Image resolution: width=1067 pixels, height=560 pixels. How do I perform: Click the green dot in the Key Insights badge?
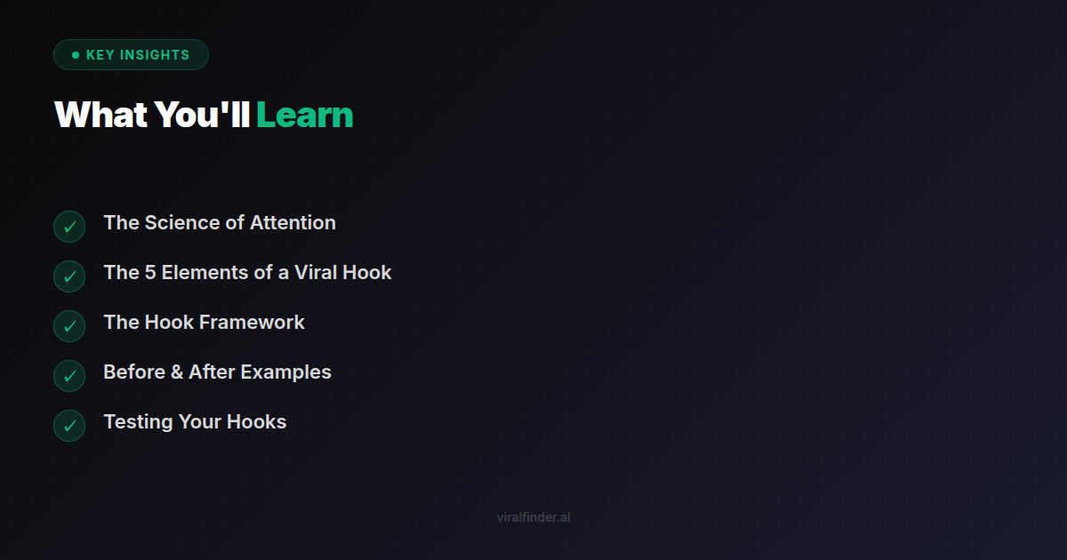[x=76, y=55]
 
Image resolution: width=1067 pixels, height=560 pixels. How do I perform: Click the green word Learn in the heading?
[x=304, y=116]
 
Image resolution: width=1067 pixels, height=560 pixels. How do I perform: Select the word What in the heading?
[x=100, y=116]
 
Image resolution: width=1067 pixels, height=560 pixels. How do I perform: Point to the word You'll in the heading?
[x=202, y=116]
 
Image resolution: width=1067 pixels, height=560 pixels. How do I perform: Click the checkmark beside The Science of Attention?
[x=69, y=227]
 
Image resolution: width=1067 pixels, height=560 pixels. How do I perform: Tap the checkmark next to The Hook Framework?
[x=69, y=326]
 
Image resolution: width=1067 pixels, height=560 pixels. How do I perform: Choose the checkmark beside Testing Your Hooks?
[x=69, y=426]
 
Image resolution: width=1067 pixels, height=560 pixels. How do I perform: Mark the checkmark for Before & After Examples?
[x=69, y=376]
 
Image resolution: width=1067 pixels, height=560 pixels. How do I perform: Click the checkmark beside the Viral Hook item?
[x=69, y=276]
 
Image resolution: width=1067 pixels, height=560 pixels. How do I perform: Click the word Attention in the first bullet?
[x=293, y=223]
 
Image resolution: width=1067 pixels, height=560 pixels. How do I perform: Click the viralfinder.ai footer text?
[x=533, y=517]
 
